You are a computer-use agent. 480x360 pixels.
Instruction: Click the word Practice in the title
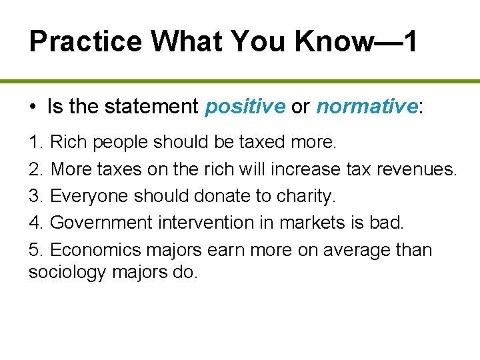85,41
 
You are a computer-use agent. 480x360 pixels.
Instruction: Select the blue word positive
245,106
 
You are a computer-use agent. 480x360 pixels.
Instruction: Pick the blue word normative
366,106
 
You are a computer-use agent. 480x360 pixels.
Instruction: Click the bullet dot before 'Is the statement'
32,107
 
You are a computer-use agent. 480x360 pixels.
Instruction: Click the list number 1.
35,142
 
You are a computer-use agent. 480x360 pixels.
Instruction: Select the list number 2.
35,169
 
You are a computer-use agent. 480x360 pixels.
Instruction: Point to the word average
345,250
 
